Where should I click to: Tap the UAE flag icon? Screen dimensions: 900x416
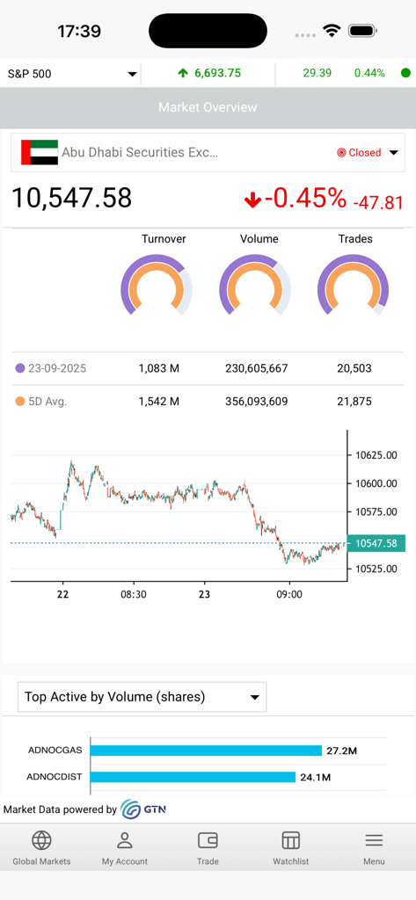(x=39, y=152)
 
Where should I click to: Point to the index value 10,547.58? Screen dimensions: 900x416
(x=71, y=198)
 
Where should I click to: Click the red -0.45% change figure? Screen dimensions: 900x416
(x=305, y=199)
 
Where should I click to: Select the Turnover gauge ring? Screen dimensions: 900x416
(x=157, y=285)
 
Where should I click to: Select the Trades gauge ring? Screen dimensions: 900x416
(x=354, y=285)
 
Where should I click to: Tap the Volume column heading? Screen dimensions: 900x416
(x=259, y=239)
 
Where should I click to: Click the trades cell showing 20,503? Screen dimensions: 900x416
(x=354, y=368)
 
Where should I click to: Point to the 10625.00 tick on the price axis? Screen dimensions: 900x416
(x=376, y=455)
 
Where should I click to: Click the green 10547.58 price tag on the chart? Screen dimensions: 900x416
(x=376, y=543)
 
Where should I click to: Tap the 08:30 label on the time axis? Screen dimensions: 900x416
(x=134, y=594)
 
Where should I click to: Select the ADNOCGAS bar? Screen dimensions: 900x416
(x=206, y=751)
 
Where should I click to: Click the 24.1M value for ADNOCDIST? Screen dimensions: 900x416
(x=316, y=777)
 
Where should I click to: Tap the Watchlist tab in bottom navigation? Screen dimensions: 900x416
(x=291, y=848)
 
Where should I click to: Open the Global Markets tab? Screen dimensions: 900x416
(x=41, y=848)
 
